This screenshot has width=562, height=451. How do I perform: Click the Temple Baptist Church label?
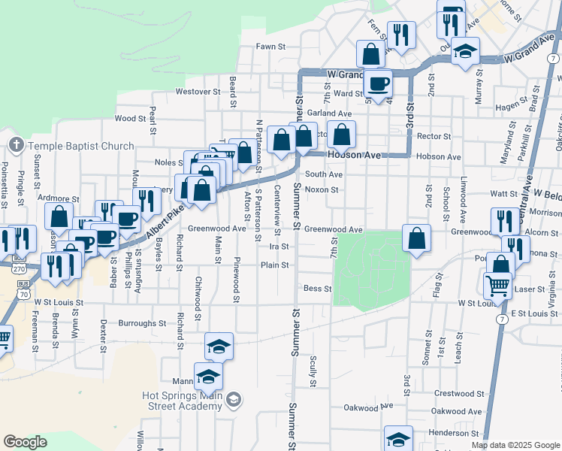click(81, 146)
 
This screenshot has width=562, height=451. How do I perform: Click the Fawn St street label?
click(271, 47)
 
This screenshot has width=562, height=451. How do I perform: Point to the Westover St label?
click(197, 92)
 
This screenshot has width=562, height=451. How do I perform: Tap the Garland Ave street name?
click(329, 114)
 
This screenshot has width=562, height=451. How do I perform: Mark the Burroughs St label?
click(142, 323)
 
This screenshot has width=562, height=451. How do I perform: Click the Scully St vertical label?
click(313, 371)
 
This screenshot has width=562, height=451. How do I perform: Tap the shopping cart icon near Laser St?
click(497, 285)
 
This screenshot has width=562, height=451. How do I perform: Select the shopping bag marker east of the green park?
click(416, 238)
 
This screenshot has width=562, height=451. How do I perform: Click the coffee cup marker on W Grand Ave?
click(378, 82)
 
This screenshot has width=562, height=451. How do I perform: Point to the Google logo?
click(25, 442)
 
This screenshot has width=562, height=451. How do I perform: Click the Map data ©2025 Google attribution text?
click(515, 445)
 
